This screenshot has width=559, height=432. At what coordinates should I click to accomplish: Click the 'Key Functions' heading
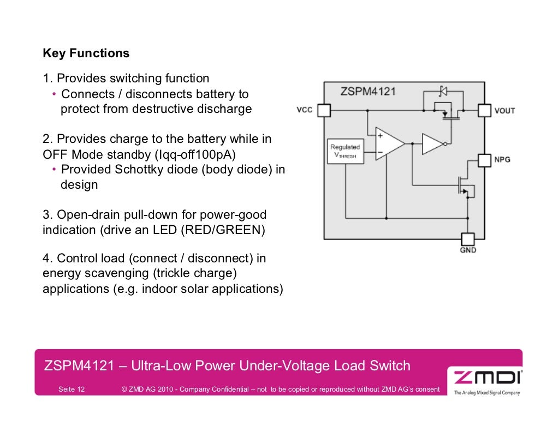[x=86, y=53]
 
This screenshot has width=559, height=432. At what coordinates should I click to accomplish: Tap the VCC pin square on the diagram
[x=324, y=110]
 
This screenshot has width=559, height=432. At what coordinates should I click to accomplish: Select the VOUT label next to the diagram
[x=504, y=111]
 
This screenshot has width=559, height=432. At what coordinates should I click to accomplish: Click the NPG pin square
[x=484, y=160]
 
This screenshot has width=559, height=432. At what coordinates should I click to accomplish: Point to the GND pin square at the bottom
[x=468, y=239]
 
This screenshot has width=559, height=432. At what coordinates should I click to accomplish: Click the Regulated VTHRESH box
[x=345, y=151]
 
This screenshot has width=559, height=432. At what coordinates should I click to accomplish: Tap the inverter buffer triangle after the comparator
[x=432, y=144]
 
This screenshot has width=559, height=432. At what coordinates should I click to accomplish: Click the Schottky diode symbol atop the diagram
[x=443, y=91]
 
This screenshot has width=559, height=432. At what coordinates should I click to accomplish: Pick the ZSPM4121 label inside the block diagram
[x=368, y=91]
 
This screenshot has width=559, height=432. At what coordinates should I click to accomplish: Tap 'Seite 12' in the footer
[x=72, y=389]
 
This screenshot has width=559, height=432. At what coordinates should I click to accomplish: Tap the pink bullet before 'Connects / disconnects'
[x=55, y=94]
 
